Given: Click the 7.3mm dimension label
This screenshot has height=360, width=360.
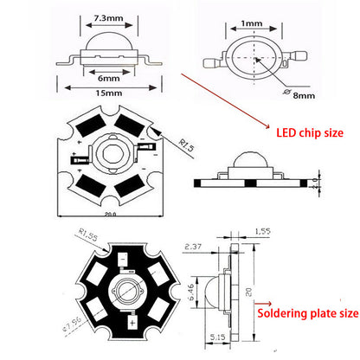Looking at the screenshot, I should (95, 17).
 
